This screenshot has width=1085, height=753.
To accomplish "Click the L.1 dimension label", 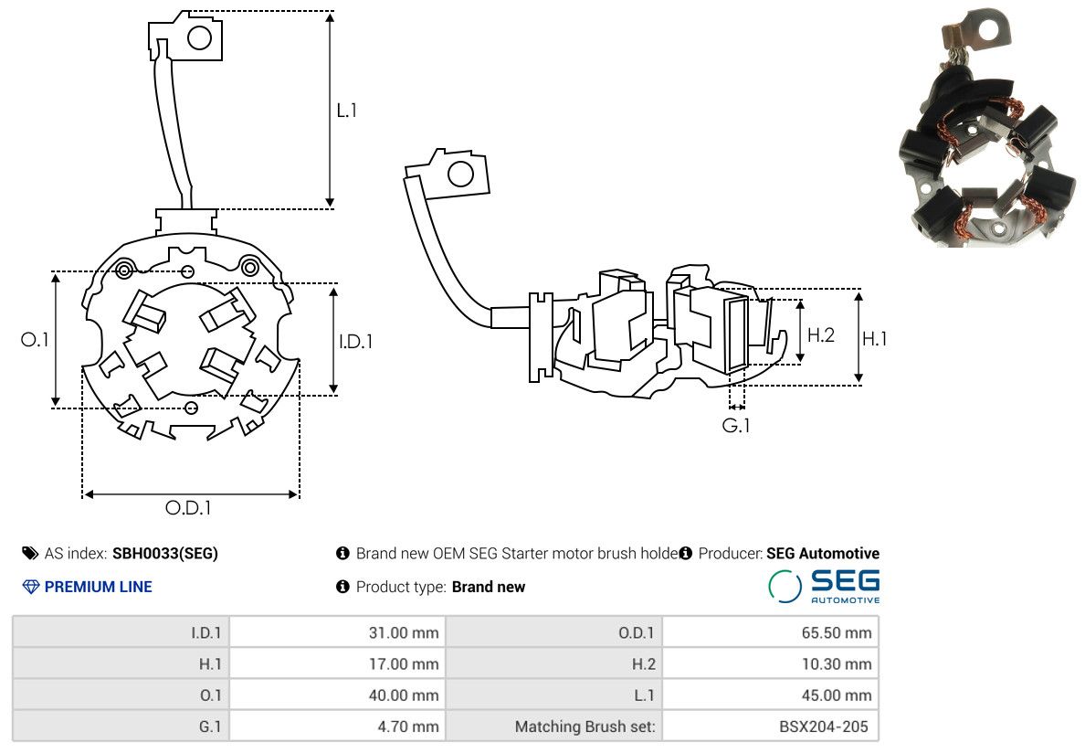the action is click(346, 110).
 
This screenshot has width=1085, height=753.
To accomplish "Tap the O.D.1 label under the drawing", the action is click(188, 508).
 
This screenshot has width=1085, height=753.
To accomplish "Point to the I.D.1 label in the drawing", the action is click(355, 341).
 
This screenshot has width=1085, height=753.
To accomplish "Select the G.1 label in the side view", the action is click(735, 425).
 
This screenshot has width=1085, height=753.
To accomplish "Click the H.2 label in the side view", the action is click(821, 335).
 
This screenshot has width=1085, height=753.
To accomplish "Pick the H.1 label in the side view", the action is click(875, 338).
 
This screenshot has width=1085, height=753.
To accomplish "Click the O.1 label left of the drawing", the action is click(35, 339).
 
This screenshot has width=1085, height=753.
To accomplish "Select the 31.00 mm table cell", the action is click(338, 632).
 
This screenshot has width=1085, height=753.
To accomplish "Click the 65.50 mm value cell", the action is click(770, 632).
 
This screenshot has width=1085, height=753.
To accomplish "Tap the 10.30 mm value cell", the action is click(770, 663).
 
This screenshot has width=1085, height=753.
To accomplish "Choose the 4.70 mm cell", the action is click(338, 726).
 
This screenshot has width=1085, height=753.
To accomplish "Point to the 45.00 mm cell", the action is click(770, 695).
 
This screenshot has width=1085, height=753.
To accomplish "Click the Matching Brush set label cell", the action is click(554, 726).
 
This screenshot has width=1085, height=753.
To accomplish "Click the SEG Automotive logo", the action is click(824, 586).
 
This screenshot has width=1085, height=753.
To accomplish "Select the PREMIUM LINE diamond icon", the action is click(31, 587).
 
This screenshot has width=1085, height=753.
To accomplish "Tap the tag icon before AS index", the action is click(30, 553).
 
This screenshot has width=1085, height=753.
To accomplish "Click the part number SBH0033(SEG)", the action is click(165, 554).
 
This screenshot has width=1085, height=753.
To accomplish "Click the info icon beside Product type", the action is click(342, 587).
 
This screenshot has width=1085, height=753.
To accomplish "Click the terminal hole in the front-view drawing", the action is click(199, 37).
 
